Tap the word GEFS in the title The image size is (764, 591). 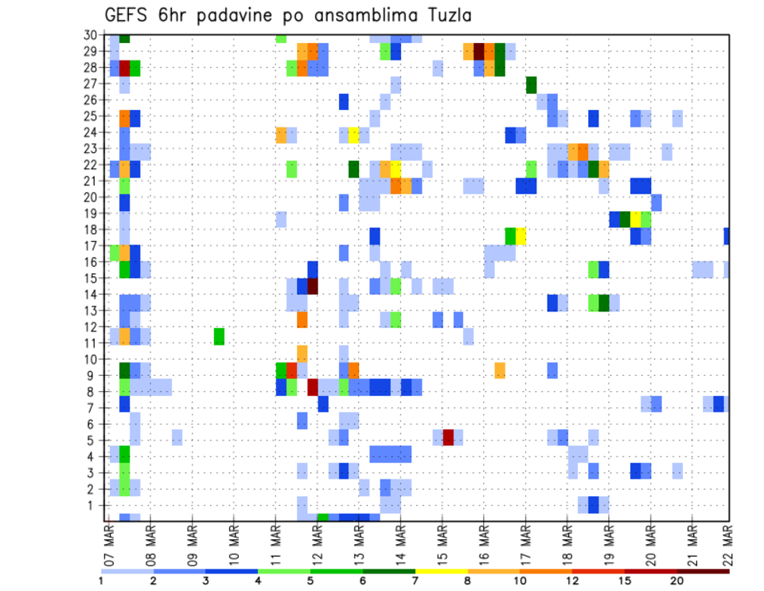[131, 15]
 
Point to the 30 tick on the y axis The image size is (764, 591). [92, 35]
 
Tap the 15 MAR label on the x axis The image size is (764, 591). [442, 542]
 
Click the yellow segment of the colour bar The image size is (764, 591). [441, 570]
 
